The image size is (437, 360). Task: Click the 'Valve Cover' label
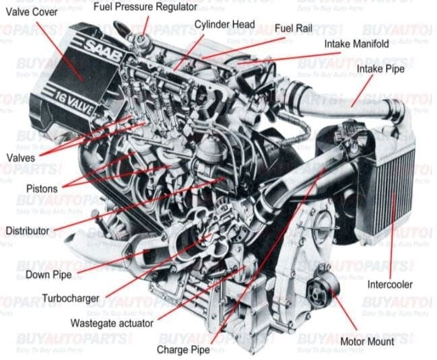31,11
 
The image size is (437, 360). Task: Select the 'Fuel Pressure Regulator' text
145,7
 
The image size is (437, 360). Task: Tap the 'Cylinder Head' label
224,25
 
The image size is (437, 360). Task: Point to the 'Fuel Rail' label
292,29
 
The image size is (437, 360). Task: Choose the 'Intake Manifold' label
356,44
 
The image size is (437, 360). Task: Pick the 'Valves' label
20,157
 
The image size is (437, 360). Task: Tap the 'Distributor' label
27,231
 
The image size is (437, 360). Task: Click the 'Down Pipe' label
48,275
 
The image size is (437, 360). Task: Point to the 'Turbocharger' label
70,298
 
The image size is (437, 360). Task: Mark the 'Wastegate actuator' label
112,323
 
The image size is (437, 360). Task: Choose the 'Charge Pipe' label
183,350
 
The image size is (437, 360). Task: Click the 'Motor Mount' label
367,342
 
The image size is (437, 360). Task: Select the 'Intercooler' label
390,284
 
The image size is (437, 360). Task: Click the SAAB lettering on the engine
102,50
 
